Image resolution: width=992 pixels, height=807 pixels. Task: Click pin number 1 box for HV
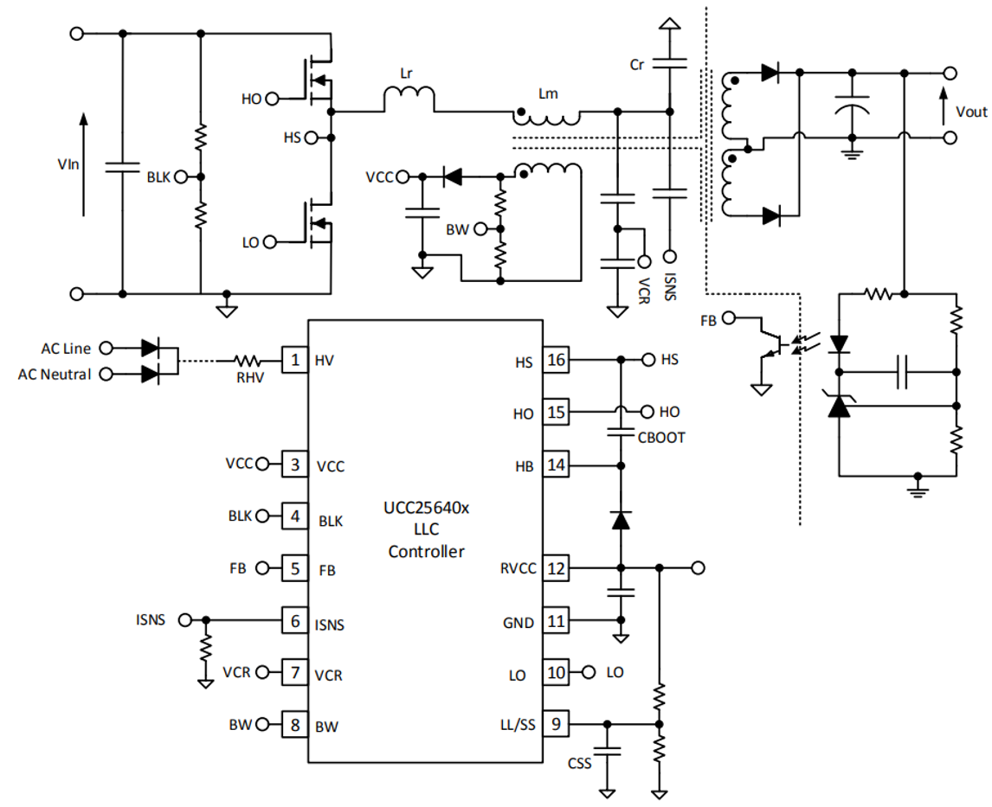tap(295, 360)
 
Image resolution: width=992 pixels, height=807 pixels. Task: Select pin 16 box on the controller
tap(556, 361)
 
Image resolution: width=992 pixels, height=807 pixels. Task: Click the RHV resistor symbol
tap(249, 360)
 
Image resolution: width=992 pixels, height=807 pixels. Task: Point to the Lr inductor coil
tap(408, 99)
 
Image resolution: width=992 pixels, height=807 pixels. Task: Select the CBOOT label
tap(660, 438)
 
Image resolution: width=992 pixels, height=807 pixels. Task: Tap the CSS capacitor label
tap(579, 764)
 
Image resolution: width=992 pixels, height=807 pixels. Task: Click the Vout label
tap(970, 112)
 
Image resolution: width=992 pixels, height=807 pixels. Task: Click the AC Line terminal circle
tap(106, 348)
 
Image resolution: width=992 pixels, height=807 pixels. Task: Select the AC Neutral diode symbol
tap(150, 374)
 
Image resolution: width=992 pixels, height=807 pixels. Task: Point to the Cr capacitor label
tap(638, 65)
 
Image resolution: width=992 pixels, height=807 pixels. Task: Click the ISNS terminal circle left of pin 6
tap(184, 620)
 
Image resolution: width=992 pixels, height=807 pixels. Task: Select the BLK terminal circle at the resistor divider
tap(180, 176)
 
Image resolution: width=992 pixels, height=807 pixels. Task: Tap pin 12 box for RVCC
tap(556, 568)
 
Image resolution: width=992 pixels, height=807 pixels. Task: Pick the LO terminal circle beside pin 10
tap(589, 672)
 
